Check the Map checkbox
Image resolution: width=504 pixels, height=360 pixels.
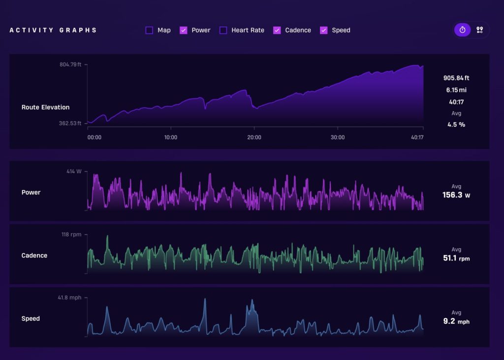(149, 30)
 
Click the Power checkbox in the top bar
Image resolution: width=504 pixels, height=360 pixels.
(183, 30)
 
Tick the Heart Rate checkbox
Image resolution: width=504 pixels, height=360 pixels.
(223, 30)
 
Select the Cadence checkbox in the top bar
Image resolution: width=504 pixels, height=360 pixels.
(277, 30)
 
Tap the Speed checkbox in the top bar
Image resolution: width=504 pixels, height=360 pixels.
(324, 30)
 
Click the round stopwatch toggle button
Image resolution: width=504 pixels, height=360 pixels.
(462, 30)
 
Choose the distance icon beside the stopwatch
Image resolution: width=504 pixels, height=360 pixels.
(479, 30)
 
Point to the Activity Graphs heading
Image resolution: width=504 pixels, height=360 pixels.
(53, 30)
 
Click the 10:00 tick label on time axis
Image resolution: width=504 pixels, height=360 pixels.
(171, 137)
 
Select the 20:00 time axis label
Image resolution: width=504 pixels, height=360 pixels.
(254, 137)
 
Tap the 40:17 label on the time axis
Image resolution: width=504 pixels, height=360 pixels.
(417, 137)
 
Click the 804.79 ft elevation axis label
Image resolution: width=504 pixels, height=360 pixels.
(70, 65)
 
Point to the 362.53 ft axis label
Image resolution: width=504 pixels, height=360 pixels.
(70, 123)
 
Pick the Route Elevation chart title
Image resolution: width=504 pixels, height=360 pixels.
(45, 107)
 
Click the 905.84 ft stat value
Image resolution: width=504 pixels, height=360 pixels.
(456, 78)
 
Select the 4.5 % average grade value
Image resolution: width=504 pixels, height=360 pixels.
(456, 125)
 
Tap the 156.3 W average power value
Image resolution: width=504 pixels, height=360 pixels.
(456, 195)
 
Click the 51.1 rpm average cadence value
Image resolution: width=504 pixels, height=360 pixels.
(456, 258)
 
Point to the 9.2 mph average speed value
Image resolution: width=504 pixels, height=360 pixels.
(456, 321)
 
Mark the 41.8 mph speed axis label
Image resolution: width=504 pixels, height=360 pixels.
(69, 297)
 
